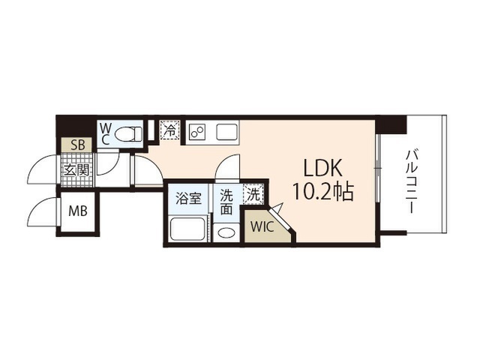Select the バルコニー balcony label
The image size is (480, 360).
(x=412, y=179)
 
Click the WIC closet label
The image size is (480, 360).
(x=262, y=225)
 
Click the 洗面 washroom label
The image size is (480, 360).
(x=226, y=201)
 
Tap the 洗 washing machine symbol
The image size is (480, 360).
(x=254, y=193)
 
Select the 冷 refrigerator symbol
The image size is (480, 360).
(x=170, y=131)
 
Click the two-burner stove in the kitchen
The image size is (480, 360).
(x=198, y=133)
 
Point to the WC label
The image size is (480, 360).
(x=105, y=133)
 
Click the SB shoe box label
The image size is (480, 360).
(x=76, y=145)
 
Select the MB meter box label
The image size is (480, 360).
(x=78, y=211)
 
